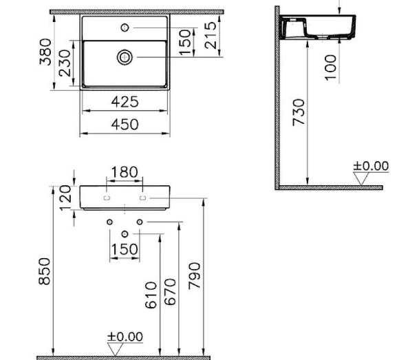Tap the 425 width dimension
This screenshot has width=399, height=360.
[x=124, y=102]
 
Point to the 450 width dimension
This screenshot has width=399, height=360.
[x=124, y=124]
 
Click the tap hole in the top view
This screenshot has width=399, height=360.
[x=125, y=28]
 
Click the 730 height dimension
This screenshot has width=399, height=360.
[x=298, y=112]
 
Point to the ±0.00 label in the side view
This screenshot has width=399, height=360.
[x=371, y=166]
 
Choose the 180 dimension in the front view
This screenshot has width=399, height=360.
[x=124, y=171]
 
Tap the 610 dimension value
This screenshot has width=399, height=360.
[x=153, y=295]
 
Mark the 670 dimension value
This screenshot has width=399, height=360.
[x=171, y=292]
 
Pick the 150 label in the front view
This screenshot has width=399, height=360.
[x=125, y=248]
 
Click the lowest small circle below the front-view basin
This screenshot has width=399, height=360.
[x=125, y=235]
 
